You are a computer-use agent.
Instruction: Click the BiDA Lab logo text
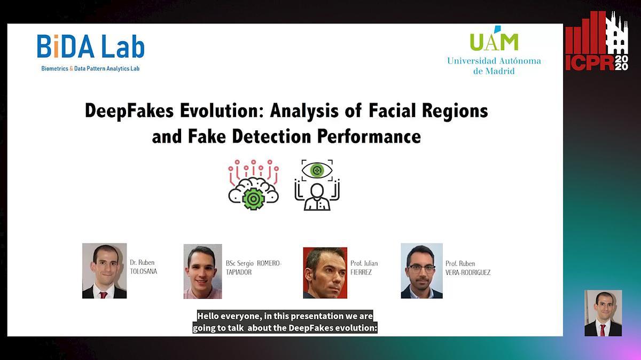91,46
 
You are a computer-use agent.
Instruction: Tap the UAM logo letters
494,41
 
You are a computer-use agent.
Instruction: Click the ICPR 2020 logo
597,41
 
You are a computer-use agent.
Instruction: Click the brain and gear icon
253,184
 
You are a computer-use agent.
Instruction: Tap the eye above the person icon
317,170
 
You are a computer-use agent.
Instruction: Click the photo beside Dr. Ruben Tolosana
104,271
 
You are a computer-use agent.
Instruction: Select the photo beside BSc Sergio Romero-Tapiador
202,271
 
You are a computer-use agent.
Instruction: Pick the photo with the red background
325,272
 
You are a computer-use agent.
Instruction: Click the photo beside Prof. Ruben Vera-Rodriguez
421,271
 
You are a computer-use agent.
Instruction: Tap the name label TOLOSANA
144,271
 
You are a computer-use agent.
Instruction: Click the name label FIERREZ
361,272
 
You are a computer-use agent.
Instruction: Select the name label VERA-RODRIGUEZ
468,272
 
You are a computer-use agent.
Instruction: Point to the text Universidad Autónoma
494,61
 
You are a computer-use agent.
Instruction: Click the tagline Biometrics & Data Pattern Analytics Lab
90,68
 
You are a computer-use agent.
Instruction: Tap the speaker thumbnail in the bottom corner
603,313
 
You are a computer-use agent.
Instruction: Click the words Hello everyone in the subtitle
229,316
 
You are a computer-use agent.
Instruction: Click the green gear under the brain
253,198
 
